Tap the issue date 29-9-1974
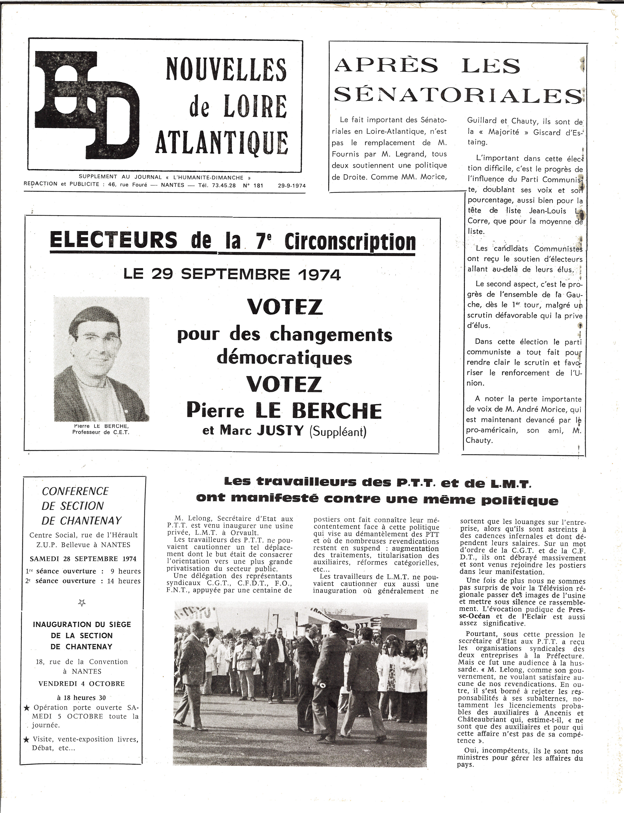[x=292, y=185]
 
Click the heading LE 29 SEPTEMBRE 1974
[x=232, y=275]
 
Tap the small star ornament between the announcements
[x=82, y=603]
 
